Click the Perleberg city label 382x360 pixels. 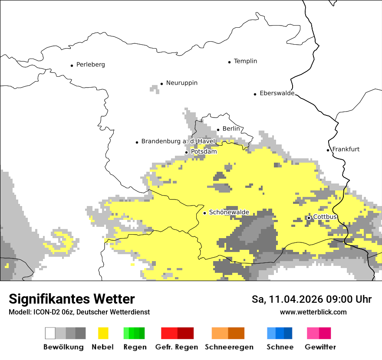[90, 65]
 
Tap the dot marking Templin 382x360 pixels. [229, 62]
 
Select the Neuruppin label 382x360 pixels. [181, 83]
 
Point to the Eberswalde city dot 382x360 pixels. [255, 94]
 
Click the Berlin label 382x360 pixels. [231, 129]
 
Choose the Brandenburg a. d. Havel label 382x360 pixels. [178, 141]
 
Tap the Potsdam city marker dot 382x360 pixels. [187, 152]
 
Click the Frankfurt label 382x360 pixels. [346, 149]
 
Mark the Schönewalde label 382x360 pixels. [229, 212]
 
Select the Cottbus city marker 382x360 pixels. [309, 218]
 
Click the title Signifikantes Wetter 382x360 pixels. [72, 299]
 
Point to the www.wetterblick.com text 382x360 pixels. [313, 312]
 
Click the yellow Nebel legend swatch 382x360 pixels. [103, 333]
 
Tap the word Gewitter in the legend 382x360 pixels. [320, 347]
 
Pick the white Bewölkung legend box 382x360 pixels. [50, 333]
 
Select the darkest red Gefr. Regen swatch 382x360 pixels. [185, 333]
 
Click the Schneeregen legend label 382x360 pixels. [229, 347]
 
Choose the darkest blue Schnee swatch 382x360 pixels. [288, 333]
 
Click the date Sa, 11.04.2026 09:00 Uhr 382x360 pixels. [311, 299]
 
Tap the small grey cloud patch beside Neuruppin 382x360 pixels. [155, 89]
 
